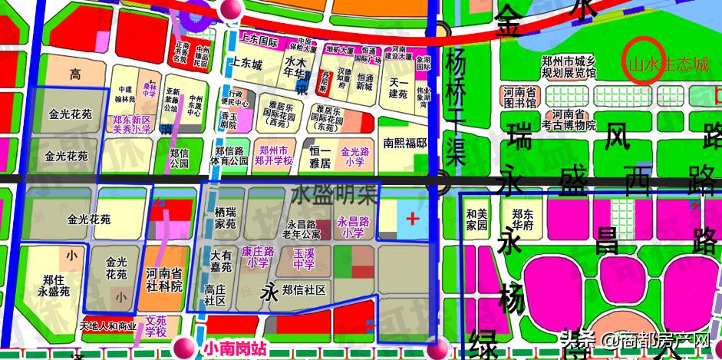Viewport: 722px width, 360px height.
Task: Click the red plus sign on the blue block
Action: coord(413,219)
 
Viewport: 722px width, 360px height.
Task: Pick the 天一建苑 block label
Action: coord(397,88)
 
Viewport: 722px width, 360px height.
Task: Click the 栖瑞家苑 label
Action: coord(226,219)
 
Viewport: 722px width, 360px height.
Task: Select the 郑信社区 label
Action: coord(304,289)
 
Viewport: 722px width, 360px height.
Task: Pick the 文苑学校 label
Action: coord(156,326)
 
